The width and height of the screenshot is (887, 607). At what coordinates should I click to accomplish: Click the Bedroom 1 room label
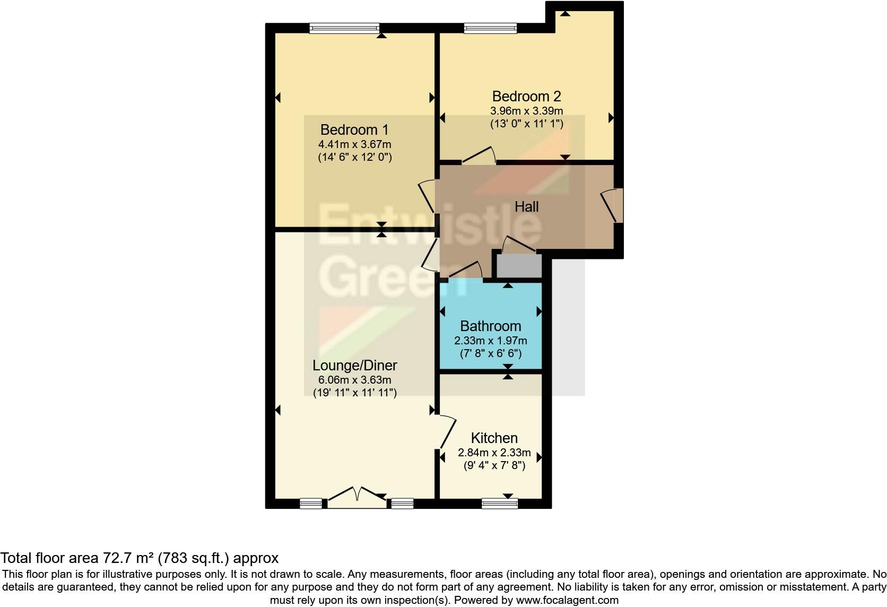tap(354, 129)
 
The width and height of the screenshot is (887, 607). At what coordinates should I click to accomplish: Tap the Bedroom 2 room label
tap(526, 97)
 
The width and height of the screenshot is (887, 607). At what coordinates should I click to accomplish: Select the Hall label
tap(526, 207)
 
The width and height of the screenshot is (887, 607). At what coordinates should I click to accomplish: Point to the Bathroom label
tap(490, 326)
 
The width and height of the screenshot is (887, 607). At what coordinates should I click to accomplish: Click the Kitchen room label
tap(494, 438)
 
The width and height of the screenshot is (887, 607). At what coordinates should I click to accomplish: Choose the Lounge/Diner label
tap(354, 366)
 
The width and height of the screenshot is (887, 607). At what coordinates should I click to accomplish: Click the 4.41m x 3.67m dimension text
tap(354, 144)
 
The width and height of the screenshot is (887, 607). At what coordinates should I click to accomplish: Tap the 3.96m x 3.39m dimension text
tap(526, 111)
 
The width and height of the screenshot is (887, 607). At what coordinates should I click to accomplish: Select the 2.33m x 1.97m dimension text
tap(490, 341)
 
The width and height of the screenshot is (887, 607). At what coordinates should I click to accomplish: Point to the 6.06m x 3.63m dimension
tap(354, 380)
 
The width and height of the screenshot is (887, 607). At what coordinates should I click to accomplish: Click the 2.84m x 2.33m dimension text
tap(494, 453)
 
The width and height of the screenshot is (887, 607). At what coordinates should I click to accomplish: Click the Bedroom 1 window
tap(344, 28)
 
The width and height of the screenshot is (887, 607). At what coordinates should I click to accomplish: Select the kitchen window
tap(499, 504)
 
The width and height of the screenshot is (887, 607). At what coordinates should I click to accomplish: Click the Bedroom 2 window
tap(490, 28)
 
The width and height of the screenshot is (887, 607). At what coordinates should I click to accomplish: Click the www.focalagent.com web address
tap(567, 601)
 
